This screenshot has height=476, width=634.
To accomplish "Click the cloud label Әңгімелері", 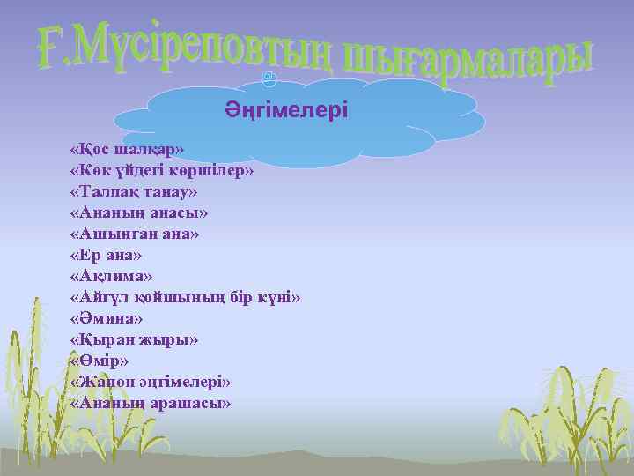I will tap(285, 110).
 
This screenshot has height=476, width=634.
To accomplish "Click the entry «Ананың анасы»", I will tap(138, 212).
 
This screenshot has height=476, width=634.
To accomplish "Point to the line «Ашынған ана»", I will tap(135, 234).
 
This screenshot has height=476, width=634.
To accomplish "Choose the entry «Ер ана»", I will tap(105, 255).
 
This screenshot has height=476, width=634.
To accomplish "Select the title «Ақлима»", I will tap(110, 276).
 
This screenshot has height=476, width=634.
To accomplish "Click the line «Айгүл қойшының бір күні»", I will tap(185, 297).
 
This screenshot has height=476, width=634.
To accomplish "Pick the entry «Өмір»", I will tap(97, 361).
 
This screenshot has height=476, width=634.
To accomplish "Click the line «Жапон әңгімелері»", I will tap(151, 382).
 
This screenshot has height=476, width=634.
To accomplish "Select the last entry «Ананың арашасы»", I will tap(151, 403).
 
